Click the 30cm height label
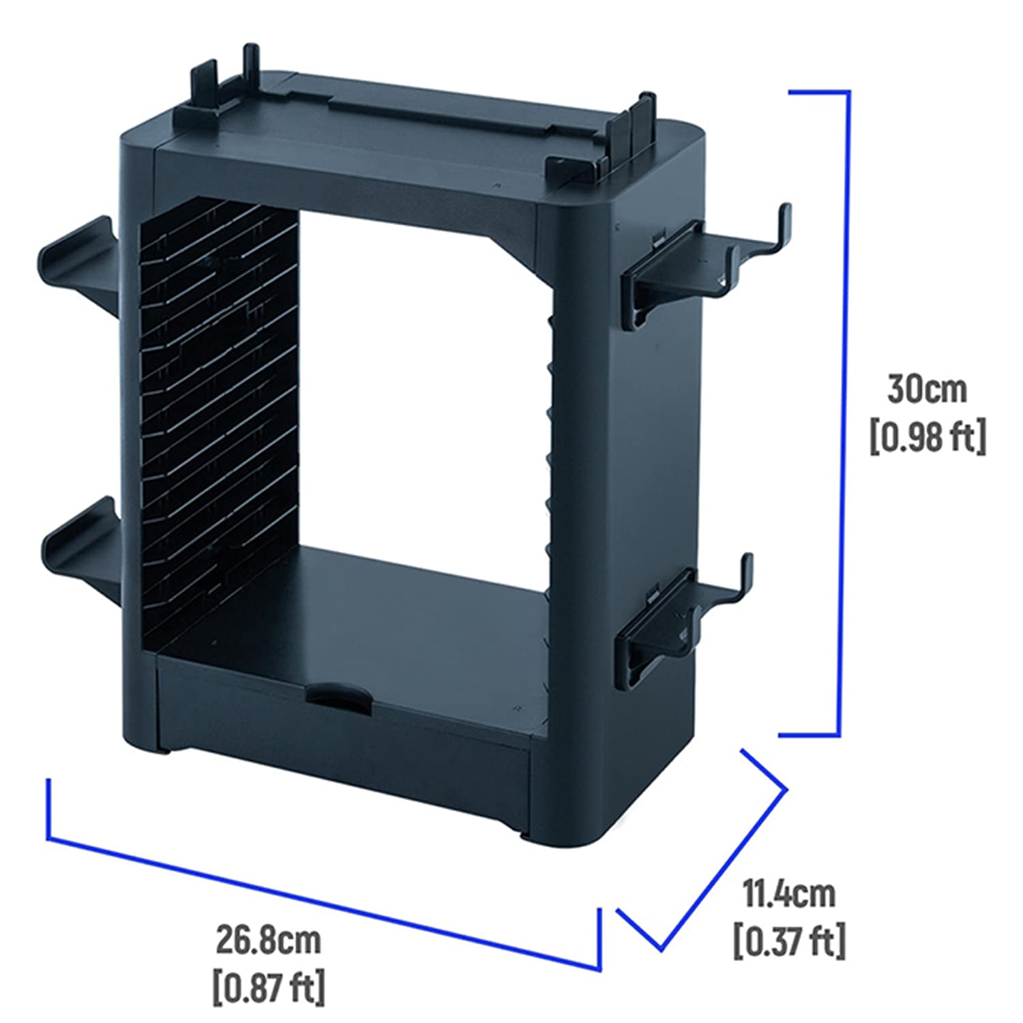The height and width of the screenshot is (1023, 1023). [927, 389]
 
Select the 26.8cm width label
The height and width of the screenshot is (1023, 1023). [268, 940]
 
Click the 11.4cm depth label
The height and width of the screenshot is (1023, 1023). [788, 894]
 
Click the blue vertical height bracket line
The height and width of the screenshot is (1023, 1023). [840, 413]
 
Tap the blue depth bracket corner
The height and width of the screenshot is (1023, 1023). [786, 790]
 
